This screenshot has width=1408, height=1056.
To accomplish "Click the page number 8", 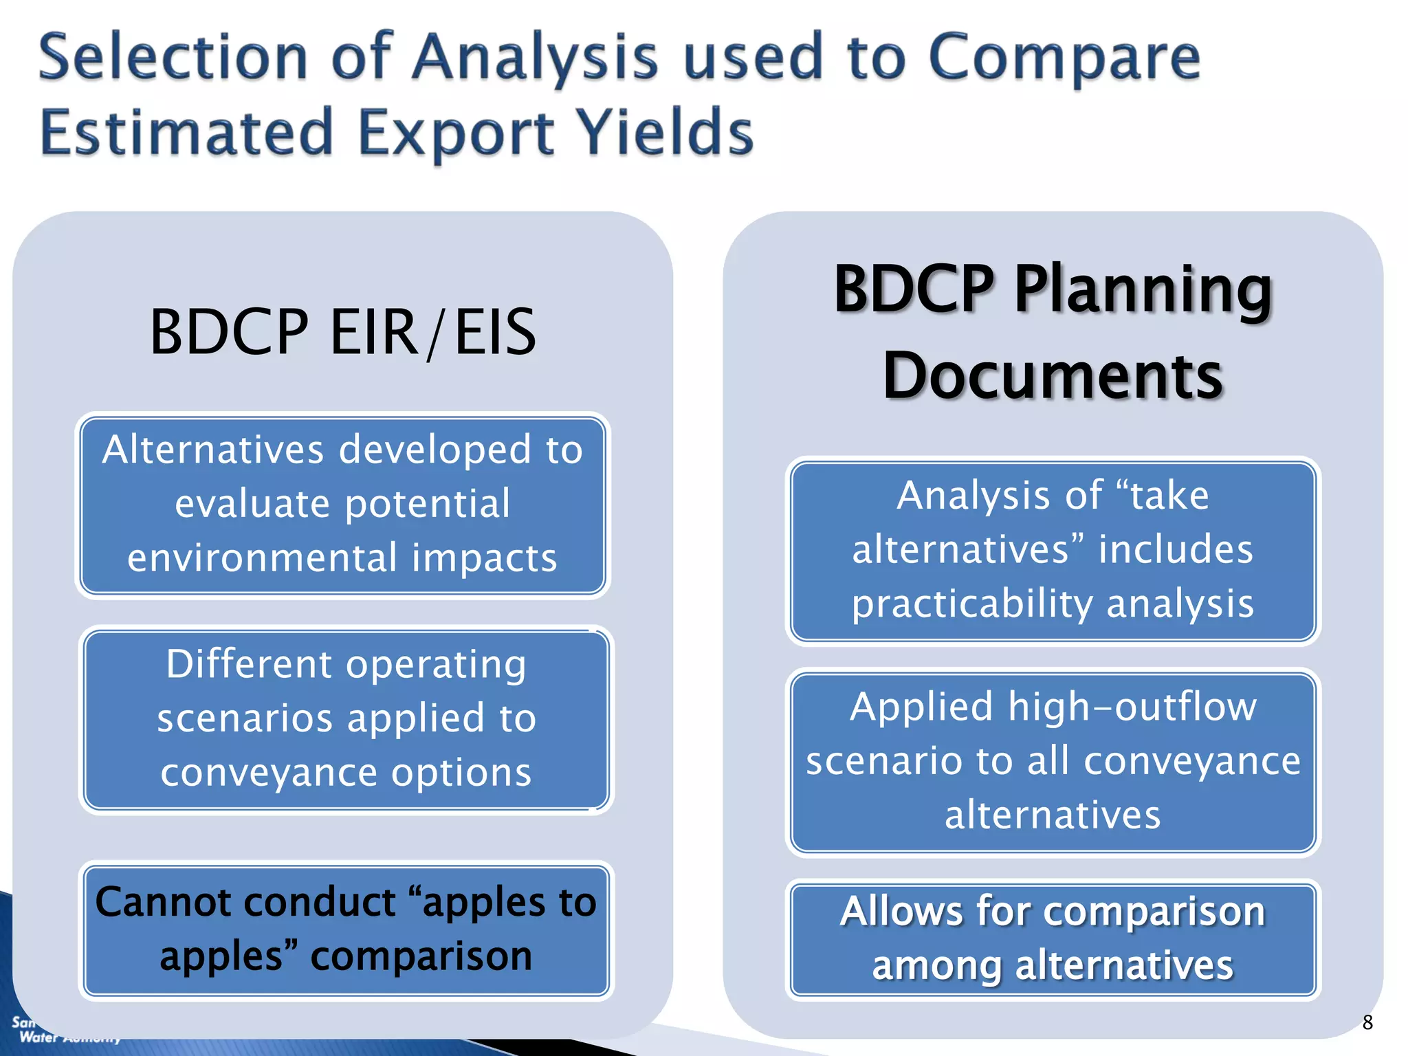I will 1367,1022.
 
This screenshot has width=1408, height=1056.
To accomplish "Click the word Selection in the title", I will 173,58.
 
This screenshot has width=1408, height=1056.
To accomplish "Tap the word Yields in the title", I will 664,132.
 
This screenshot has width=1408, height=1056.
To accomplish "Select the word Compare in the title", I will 1064,58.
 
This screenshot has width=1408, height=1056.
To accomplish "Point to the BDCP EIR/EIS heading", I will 342,333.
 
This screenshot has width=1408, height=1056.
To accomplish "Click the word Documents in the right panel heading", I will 1053,376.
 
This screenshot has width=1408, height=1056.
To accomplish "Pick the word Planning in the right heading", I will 1143,290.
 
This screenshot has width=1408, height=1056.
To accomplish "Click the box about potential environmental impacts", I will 342,505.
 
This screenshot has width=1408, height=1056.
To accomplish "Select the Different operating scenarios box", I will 346,719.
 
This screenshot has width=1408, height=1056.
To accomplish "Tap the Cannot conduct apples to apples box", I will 346,929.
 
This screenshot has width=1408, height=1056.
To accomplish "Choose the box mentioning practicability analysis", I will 1053,551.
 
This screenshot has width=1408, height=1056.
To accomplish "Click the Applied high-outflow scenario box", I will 1053,762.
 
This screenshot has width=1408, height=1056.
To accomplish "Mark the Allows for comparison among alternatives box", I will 1053,939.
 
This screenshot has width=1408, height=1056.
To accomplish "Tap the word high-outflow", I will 1132,707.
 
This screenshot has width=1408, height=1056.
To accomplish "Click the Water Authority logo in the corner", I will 62,1031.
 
